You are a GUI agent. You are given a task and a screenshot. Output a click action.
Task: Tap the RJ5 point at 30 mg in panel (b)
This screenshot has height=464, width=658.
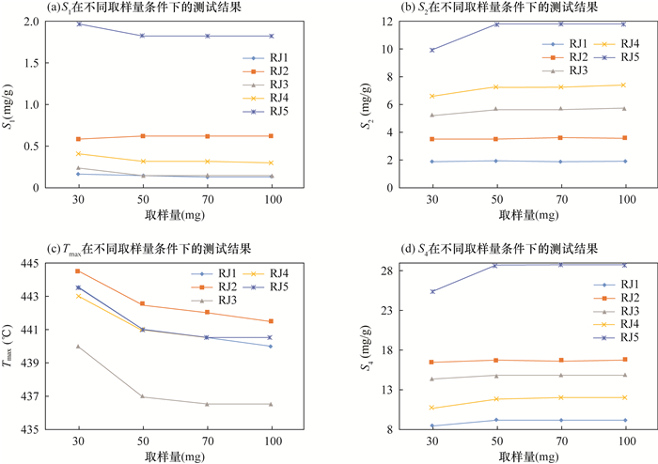pyautogui.click(x=432, y=50)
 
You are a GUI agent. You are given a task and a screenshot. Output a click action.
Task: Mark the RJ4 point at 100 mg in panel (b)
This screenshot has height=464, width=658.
pyautogui.click(x=624, y=85)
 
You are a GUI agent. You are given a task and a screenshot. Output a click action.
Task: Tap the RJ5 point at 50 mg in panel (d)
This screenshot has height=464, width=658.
pyautogui.click(x=496, y=265)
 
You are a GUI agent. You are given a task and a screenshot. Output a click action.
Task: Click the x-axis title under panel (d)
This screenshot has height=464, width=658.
pyautogui.click(x=527, y=456)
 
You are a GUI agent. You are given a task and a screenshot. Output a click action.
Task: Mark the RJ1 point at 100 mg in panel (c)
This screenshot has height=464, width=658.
pyautogui.click(x=270, y=347)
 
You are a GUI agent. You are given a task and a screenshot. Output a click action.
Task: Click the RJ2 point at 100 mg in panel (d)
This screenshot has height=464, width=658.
pyautogui.click(x=624, y=360)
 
